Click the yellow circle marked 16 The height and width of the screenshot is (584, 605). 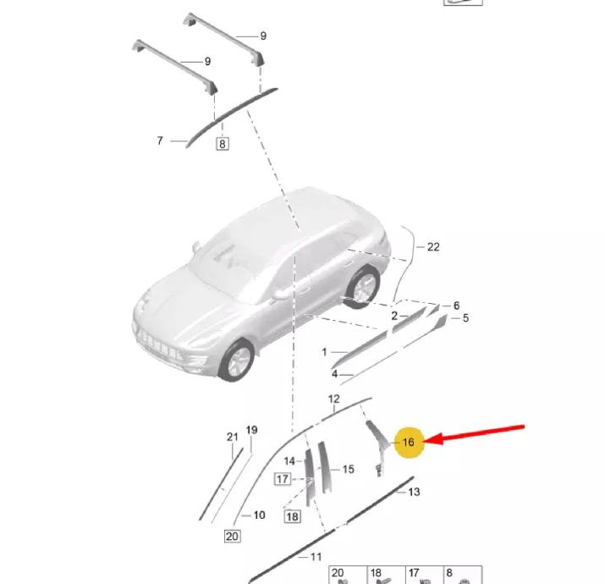point(409,443)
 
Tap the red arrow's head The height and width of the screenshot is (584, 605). point(433,439)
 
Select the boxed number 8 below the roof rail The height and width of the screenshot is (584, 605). point(222,144)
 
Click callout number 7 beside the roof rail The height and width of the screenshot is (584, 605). point(160,140)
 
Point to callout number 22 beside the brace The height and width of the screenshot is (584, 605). point(433,247)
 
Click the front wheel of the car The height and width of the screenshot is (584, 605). point(237,361)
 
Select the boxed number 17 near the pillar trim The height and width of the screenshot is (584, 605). point(283,479)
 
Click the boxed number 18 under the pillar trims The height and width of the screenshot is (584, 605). point(292,516)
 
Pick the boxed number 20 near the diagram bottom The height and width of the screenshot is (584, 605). point(232,536)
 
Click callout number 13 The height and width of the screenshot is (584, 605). point(414,492)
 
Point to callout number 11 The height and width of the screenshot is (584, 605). point(316,557)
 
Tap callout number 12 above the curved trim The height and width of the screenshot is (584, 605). point(333,399)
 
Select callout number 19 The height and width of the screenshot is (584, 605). point(251,430)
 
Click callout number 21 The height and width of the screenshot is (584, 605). point(233,437)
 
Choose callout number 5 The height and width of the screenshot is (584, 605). point(465,318)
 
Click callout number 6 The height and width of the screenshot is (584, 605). point(456,306)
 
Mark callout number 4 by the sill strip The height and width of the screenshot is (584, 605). point(334,374)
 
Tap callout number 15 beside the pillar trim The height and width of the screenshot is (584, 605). point(348,470)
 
